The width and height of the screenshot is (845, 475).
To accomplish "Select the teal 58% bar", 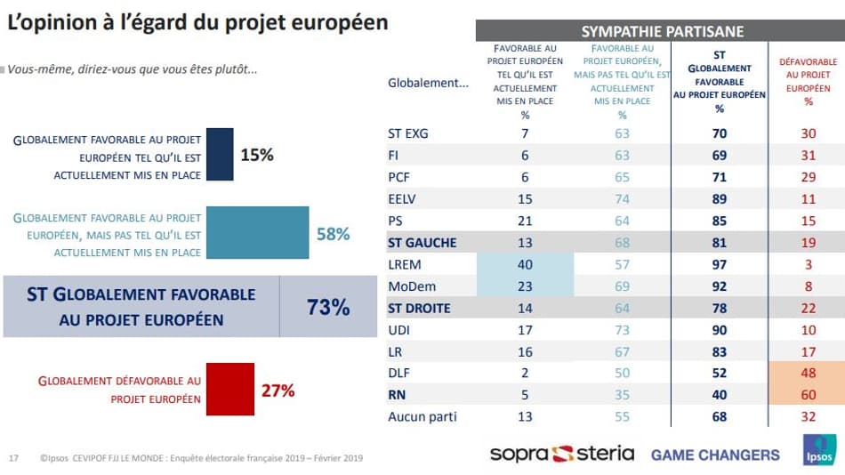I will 258,234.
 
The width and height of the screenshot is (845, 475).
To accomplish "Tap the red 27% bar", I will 229,389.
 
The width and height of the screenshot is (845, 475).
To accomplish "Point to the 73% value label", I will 328,308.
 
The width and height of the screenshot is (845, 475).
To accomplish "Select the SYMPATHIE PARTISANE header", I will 661,31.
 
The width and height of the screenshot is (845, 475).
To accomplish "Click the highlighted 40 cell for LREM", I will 525,264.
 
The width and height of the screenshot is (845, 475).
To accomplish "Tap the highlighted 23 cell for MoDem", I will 525,286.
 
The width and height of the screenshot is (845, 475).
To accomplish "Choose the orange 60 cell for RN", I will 808,394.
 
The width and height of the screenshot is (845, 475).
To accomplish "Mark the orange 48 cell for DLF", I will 808,372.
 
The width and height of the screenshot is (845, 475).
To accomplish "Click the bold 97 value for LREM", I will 720,264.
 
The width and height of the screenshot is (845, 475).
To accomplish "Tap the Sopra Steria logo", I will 562,454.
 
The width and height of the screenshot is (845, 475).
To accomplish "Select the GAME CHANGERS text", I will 715,455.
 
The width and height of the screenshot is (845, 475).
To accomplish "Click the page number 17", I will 13,458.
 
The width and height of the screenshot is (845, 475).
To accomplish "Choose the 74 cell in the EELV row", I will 622,198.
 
